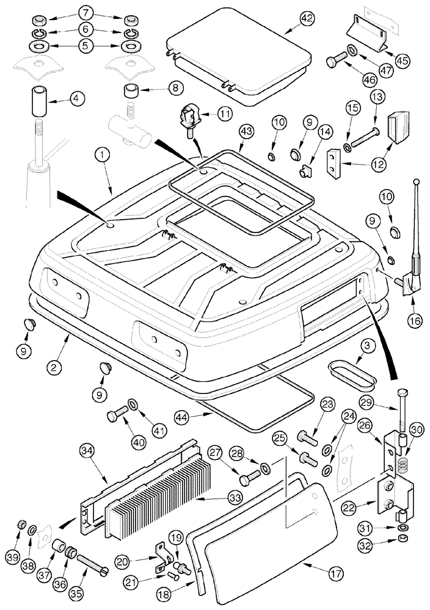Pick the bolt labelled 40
[117, 416]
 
